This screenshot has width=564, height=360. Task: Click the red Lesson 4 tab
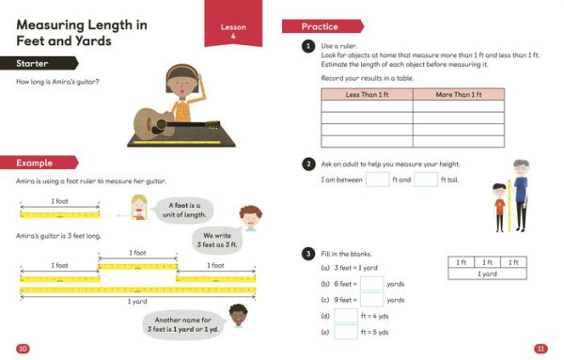tap(232, 30)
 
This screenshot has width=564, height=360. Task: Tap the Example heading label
tap(34, 162)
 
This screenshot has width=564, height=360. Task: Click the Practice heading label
tap(320, 26)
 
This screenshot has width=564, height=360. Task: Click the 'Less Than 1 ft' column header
tap(368, 95)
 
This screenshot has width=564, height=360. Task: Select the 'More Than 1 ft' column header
tap(458, 95)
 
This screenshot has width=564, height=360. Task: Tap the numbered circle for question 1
tap(307, 45)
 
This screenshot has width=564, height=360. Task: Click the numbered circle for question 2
tap(307, 164)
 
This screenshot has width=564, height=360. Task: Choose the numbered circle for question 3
tap(307, 254)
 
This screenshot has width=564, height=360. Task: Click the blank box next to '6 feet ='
tap(372, 283)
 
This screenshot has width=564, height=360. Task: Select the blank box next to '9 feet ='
tap(372, 300)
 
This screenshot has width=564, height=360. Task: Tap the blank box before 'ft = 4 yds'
tap(346, 317)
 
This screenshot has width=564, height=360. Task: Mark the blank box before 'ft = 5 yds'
tap(346, 333)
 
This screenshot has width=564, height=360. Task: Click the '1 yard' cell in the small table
tap(486, 274)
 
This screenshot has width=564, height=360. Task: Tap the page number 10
tap(23, 349)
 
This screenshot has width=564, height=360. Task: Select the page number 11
tap(540, 349)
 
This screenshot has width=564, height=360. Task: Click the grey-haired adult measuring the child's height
tap(522, 193)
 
